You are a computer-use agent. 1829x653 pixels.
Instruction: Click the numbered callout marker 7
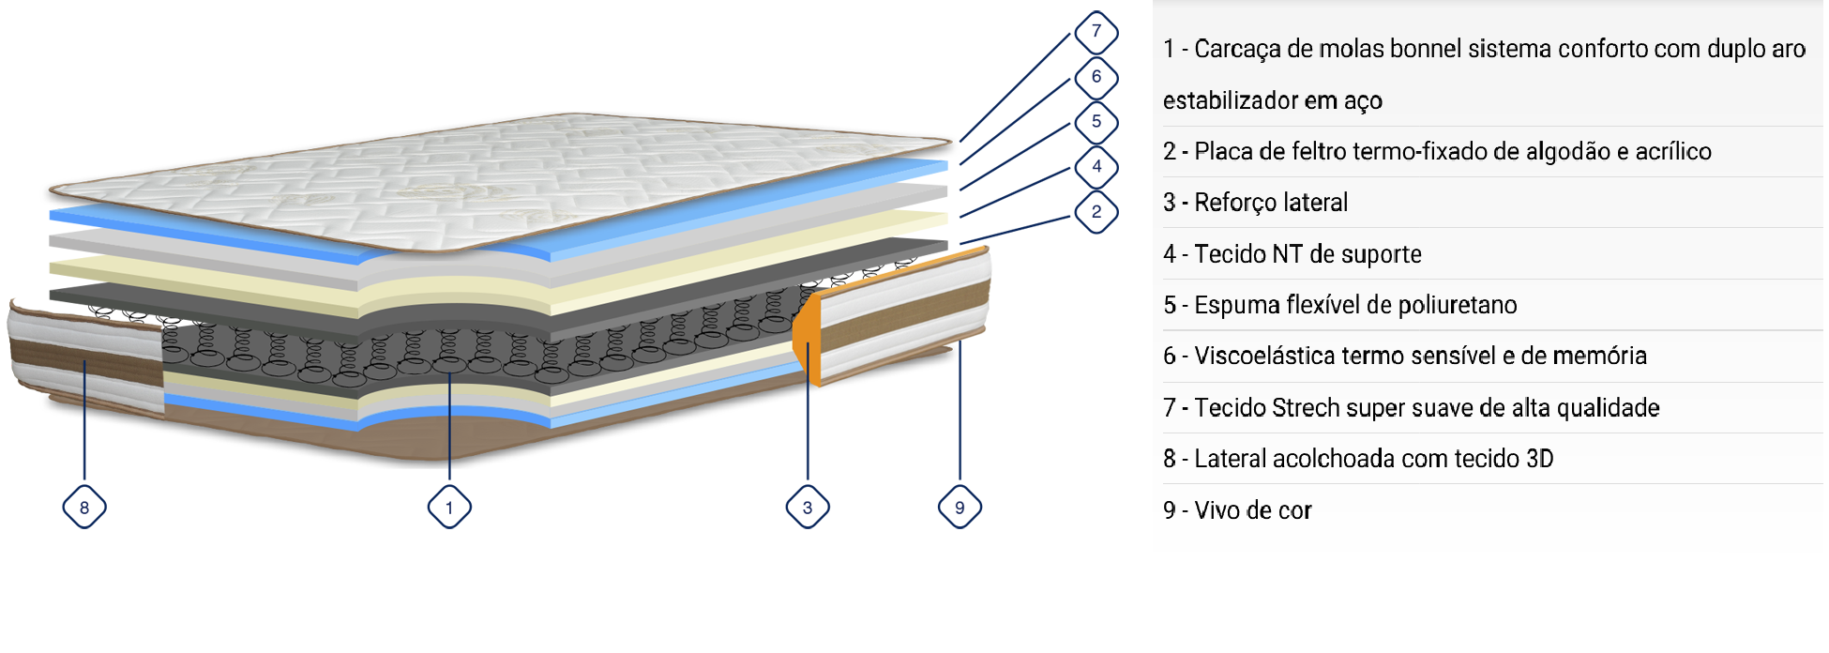[1096, 32]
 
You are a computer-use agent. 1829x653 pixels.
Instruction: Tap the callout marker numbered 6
[1096, 77]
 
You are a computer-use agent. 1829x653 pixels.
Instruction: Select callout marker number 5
[1096, 122]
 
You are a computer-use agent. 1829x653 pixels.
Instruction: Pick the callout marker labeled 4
[1096, 167]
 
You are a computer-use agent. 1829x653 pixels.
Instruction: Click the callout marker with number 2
[1096, 212]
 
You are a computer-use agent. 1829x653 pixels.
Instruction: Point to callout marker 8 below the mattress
[84, 508]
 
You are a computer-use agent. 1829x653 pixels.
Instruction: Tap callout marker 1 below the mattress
[449, 508]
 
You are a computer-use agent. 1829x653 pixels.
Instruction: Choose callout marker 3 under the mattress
[808, 508]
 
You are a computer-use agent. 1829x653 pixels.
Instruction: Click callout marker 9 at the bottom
[960, 508]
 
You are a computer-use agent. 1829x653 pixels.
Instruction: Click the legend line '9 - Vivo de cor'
[1237, 510]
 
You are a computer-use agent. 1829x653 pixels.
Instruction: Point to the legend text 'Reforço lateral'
[1270, 203]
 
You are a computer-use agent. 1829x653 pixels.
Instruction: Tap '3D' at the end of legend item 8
[1539, 459]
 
